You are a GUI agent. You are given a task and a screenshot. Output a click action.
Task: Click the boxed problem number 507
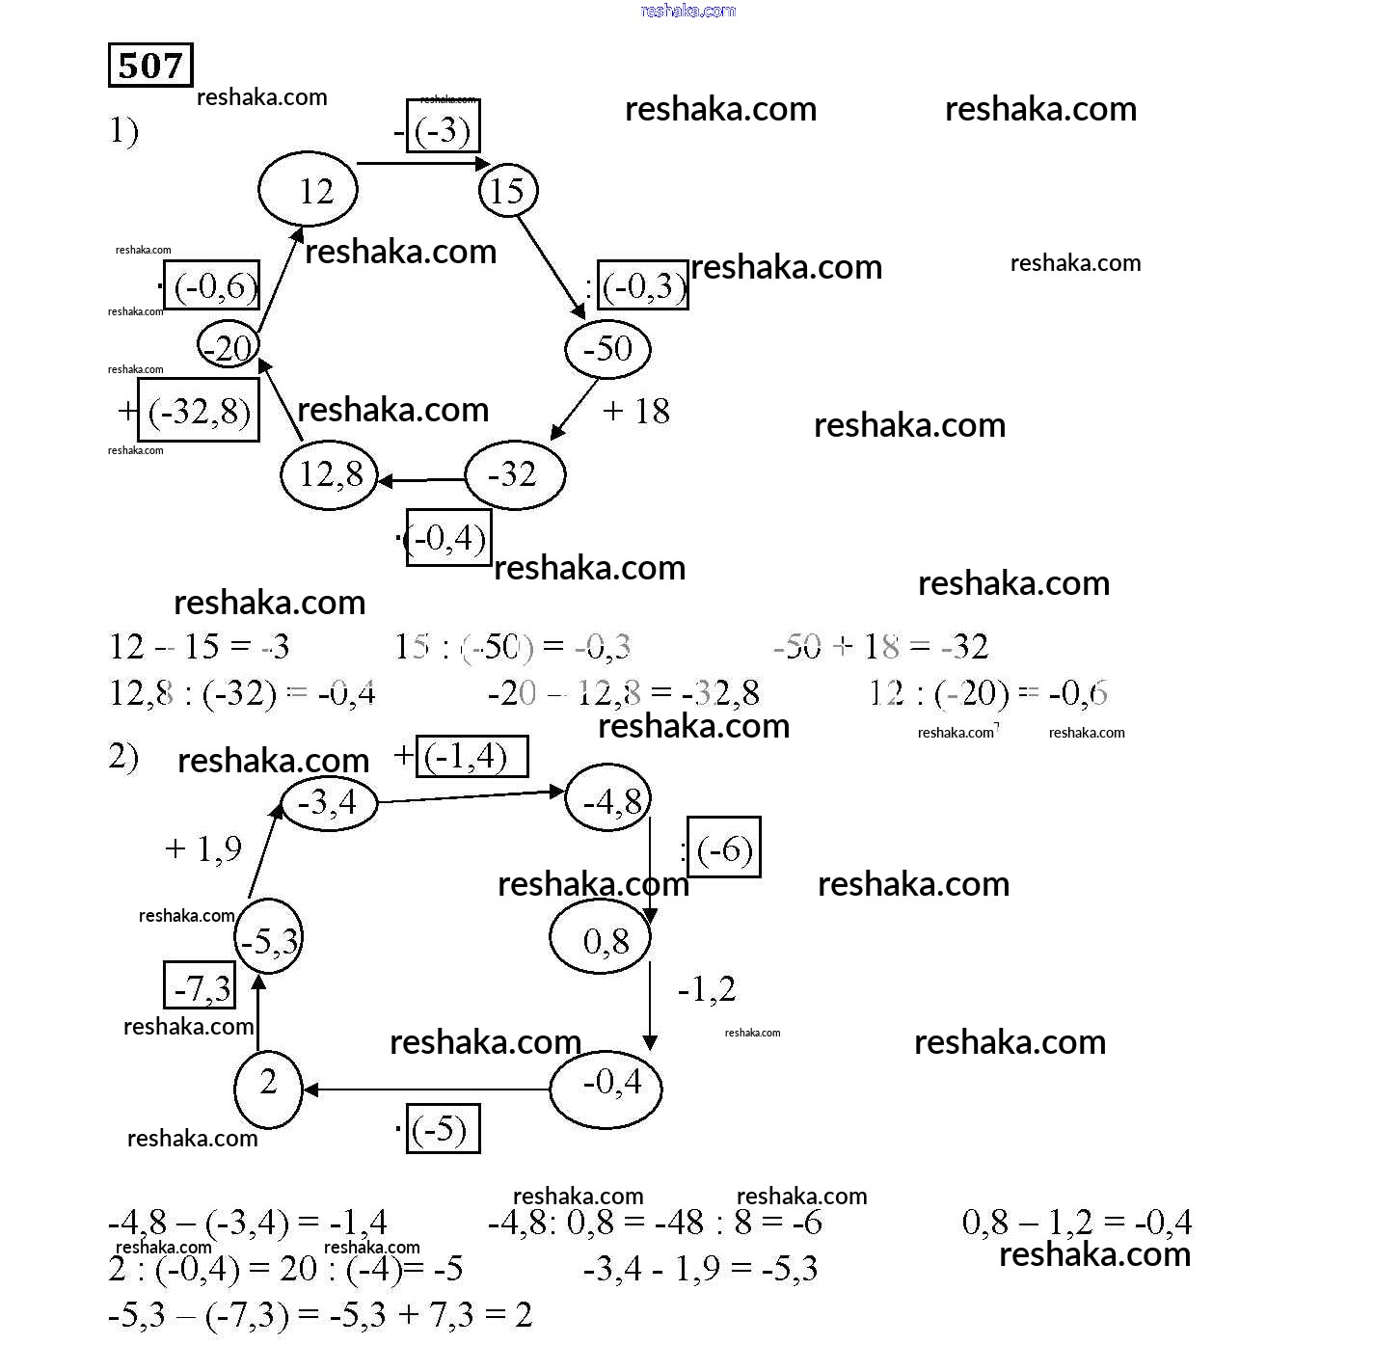[x=150, y=66]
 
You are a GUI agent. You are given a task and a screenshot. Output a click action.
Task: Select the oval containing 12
[x=308, y=190]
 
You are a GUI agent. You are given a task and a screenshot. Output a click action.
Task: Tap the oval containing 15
[x=508, y=190]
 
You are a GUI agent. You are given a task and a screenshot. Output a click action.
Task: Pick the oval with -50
[x=607, y=349]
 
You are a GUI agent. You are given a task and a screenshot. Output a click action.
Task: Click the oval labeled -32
[x=515, y=474]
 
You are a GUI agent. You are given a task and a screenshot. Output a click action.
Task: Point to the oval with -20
[x=229, y=345]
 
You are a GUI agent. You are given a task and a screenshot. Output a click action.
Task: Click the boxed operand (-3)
[x=444, y=127]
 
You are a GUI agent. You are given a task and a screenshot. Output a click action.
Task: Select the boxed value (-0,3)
[x=643, y=285]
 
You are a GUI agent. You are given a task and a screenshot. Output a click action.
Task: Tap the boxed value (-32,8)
[x=200, y=411]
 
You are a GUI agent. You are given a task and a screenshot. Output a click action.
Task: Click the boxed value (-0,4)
[x=448, y=538]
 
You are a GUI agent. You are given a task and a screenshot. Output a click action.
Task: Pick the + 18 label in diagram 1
[x=636, y=412]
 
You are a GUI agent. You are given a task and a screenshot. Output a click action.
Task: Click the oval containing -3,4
[x=328, y=802]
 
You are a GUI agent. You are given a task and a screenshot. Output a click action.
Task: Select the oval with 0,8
[x=601, y=937]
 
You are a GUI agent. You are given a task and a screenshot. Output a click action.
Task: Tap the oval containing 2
[x=268, y=1089]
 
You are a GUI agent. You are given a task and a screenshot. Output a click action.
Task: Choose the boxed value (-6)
[x=724, y=848]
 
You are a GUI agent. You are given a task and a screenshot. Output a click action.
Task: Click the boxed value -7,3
[x=200, y=985]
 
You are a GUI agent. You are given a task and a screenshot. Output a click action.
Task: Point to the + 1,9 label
[x=203, y=848]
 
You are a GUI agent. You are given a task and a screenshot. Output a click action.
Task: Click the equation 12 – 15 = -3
[x=200, y=646]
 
